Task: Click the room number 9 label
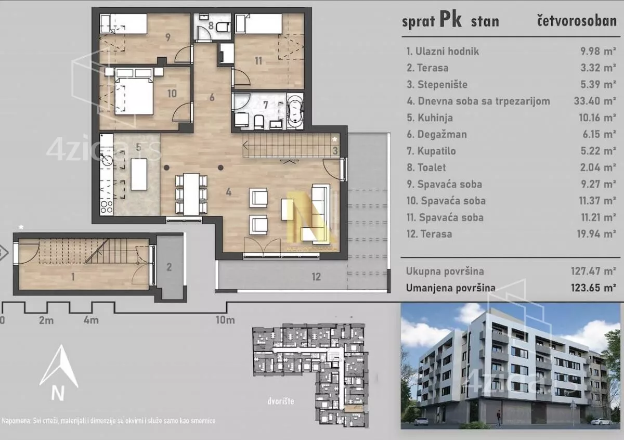tap(167, 37)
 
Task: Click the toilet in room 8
tap(223, 28)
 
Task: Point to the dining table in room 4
tap(191, 193)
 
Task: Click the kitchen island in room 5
tap(139, 174)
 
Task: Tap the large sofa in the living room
tap(319, 213)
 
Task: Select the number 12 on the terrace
tap(316, 277)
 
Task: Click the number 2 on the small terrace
tap(169, 267)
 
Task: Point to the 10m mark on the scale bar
tap(225, 320)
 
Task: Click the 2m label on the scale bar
tap(46, 320)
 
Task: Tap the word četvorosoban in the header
tap(576, 21)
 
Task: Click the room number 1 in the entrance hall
tap(73, 277)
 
